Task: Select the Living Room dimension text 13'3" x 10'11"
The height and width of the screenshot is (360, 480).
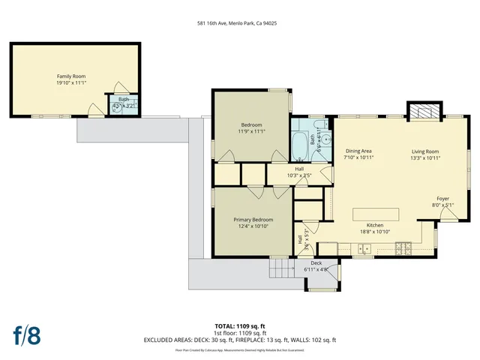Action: (425, 158)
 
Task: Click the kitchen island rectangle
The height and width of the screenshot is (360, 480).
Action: (376, 214)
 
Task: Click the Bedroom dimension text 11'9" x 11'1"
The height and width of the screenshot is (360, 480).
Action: (251, 131)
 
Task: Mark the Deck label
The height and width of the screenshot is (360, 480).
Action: (316, 263)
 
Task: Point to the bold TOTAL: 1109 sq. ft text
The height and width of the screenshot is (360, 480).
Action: (240, 326)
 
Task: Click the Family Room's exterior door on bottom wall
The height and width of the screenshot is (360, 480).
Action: (96, 112)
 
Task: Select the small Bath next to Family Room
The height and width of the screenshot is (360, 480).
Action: (124, 103)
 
